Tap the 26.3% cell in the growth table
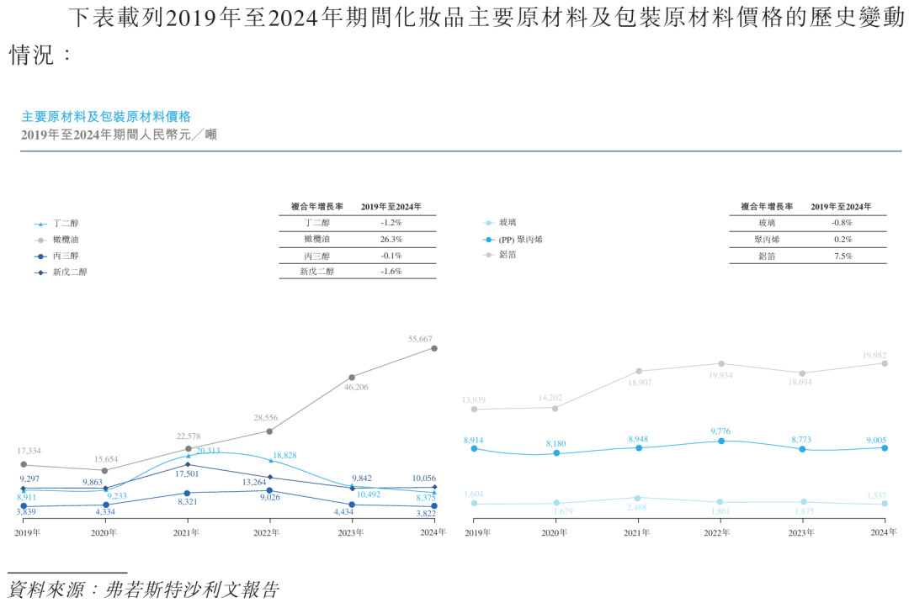coord(391,240)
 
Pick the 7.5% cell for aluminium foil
coord(842,256)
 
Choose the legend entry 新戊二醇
coord(69,272)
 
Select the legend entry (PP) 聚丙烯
coord(521,240)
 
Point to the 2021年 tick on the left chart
coord(187,532)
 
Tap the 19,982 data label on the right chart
coord(874,356)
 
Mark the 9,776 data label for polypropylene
coord(720,431)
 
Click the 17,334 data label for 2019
coord(29,452)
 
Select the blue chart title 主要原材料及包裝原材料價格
coord(106,117)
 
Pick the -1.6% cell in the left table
coord(391,272)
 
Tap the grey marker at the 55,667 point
coord(434,347)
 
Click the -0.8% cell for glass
coord(842,224)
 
